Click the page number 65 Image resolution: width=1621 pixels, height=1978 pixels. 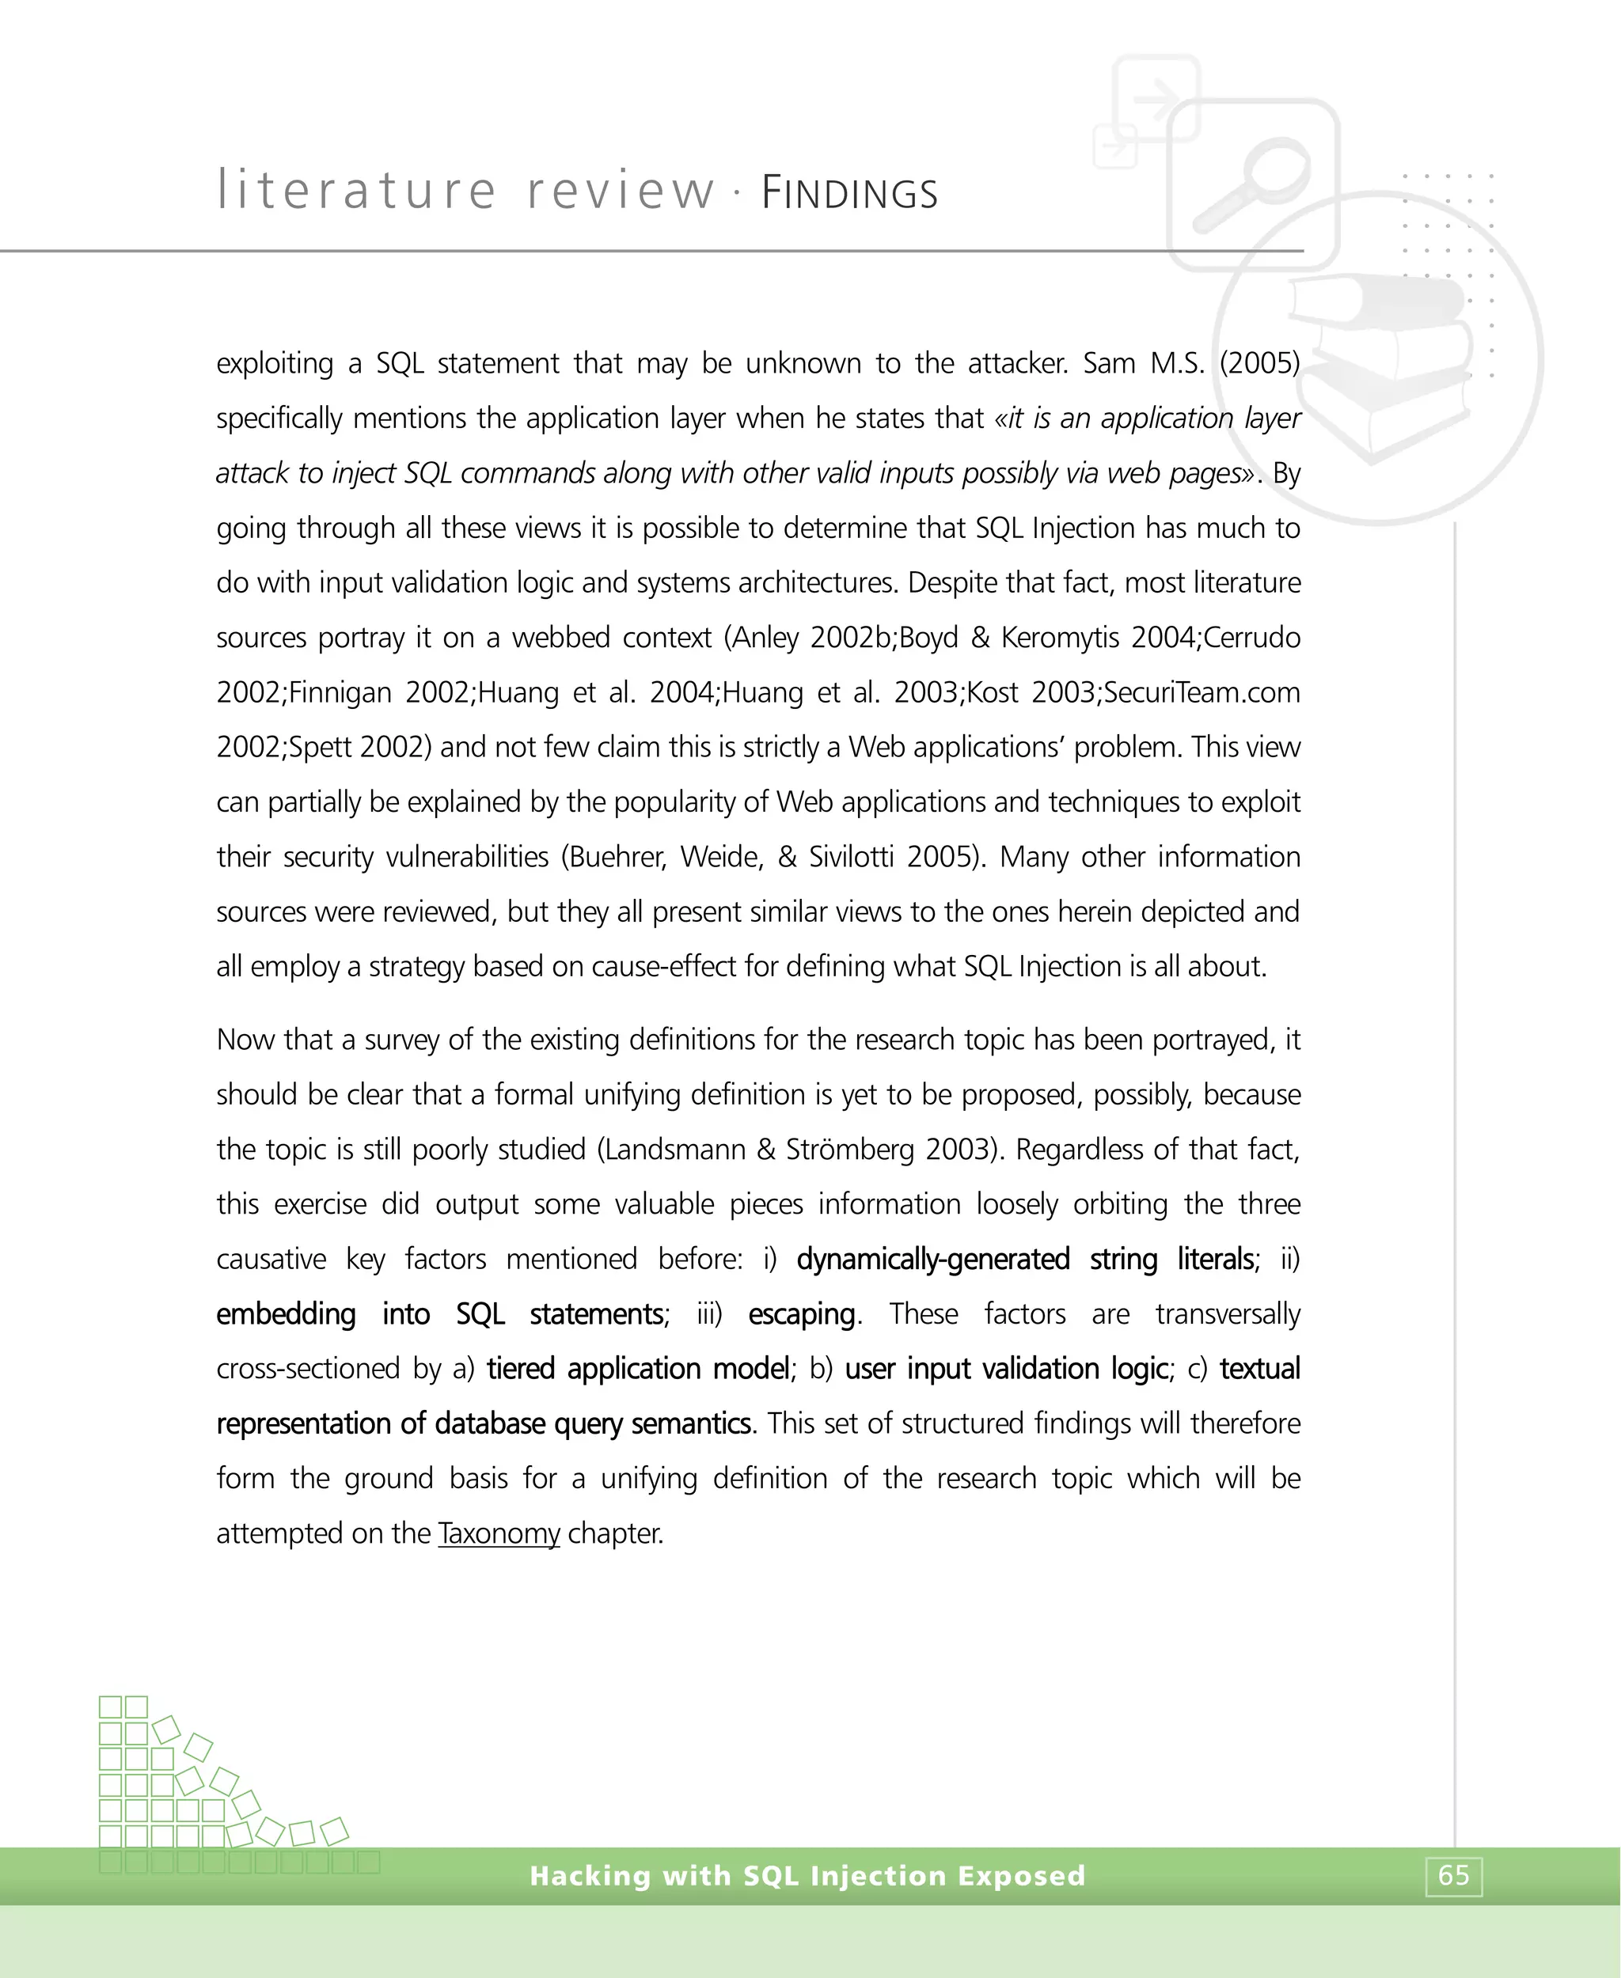(1453, 1875)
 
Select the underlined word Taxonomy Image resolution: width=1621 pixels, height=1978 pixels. (499, 1533)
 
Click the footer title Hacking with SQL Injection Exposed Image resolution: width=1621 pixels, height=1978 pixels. (807, 1875)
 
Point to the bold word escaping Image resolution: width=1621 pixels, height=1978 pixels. (801, 1313)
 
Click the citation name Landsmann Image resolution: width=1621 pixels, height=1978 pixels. (677, 1148)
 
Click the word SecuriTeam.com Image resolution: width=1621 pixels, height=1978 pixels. (1202, 692)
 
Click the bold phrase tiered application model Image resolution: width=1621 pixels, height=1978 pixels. (639, 1369)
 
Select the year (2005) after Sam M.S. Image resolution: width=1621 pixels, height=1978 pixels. (1258, 363)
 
